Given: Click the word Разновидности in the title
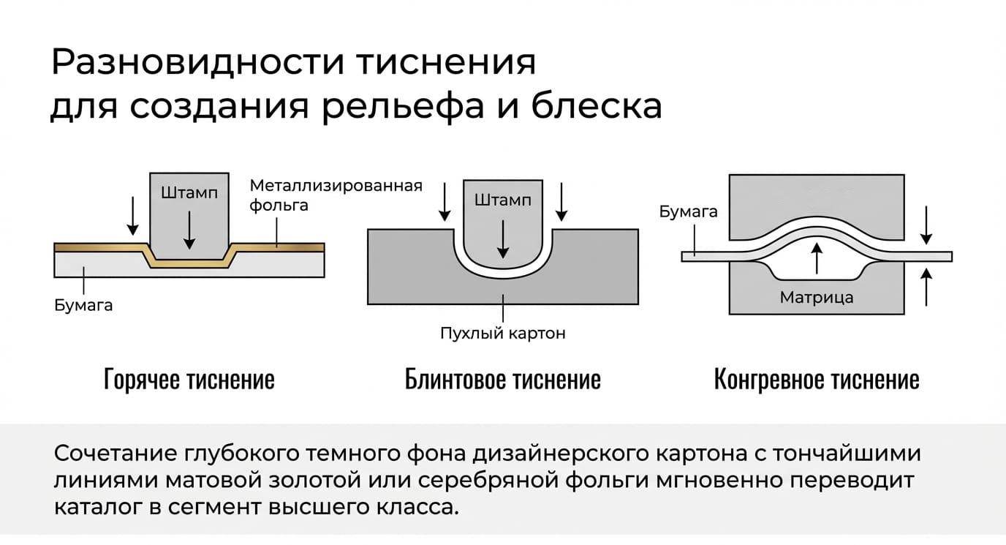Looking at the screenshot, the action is [197, 61].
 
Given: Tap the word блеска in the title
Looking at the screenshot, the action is [597, 106].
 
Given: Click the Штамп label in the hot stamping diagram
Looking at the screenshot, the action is [189, 193].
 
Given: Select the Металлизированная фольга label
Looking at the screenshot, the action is [336, 195].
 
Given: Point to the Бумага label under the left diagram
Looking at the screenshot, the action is [83, 306].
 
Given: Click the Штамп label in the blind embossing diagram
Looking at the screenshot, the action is [502, 200].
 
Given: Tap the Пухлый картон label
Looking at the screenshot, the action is [502, 334].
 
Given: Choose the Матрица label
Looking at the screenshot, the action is [817, 297].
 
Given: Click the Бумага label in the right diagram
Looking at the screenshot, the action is [688, 211].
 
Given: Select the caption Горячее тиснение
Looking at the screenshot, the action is [189, 379].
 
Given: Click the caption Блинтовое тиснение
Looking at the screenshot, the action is [502, 379].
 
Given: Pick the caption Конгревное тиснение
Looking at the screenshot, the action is [817, 379].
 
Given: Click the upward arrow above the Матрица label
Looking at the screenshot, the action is [817, 258].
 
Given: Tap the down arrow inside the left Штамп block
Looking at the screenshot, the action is [189, 230].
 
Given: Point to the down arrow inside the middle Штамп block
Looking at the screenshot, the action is [503, 239].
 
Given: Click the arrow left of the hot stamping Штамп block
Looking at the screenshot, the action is [132, 216].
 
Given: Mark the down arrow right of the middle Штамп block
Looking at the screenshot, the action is [561, 202].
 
